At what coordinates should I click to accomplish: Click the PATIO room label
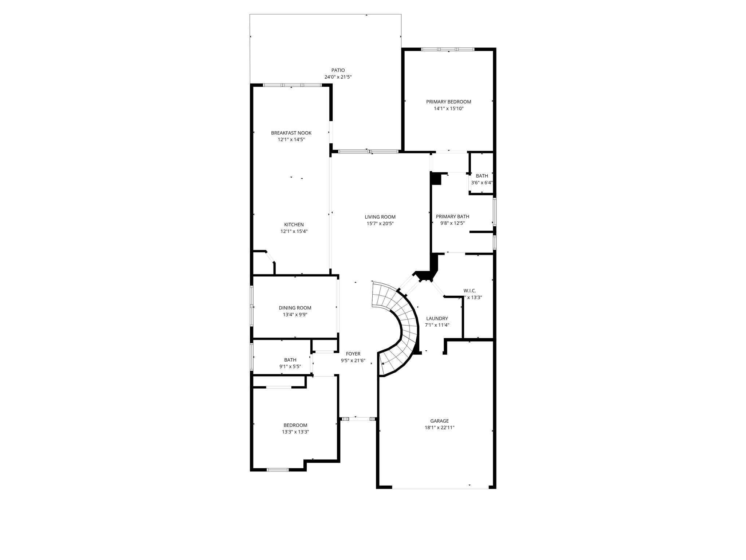pyautogui.click(x=338, y=70)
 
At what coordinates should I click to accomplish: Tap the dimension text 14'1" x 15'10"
pyautogui.click(x=448, y=109)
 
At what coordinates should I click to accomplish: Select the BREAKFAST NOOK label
pyautogui.click(x=291, y=133)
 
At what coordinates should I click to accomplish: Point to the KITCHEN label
pyautogui.click(x=294, y=225)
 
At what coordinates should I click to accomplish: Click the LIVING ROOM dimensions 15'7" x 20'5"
pyautogui.click(x=380, y=223)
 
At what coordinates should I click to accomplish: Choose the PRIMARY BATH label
pyautogui.click(x=452, y=217)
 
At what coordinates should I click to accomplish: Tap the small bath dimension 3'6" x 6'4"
pyautogui.click(x=482, y=183)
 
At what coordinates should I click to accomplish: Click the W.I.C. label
pyautogui.click(x=470, y=291)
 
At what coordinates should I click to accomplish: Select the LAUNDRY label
pyautogui.click(x=437, y=318)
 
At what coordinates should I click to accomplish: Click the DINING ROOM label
pyautogui.click(x=295, y=308)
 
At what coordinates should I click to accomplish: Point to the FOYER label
pyautogui.click(x=353, y=354)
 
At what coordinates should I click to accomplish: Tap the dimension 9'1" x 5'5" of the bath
pyautogui.click(x=290, y=366)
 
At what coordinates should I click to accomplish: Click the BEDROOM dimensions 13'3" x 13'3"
pyautogui.click(x=295, y=432)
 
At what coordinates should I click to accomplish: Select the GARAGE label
pyautogui.click(x=439, y=421)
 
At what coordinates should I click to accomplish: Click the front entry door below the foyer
pyautogui.click(x=359, y=419)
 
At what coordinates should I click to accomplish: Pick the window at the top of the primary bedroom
pyautogui.click(x=448, y=49)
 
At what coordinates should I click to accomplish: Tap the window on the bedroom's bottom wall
pyautogui.click(x=278, y=470)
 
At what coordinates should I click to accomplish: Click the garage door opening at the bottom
pyautogui.click(x=440, y=488)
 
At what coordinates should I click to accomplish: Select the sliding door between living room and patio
pyautogui.click(x=368, y=151)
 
